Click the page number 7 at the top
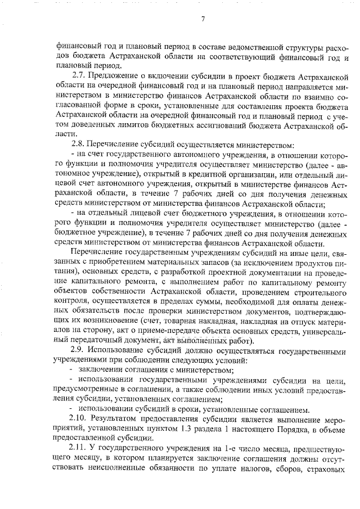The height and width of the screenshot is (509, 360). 203,21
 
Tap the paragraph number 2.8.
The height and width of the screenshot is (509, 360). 79,144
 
